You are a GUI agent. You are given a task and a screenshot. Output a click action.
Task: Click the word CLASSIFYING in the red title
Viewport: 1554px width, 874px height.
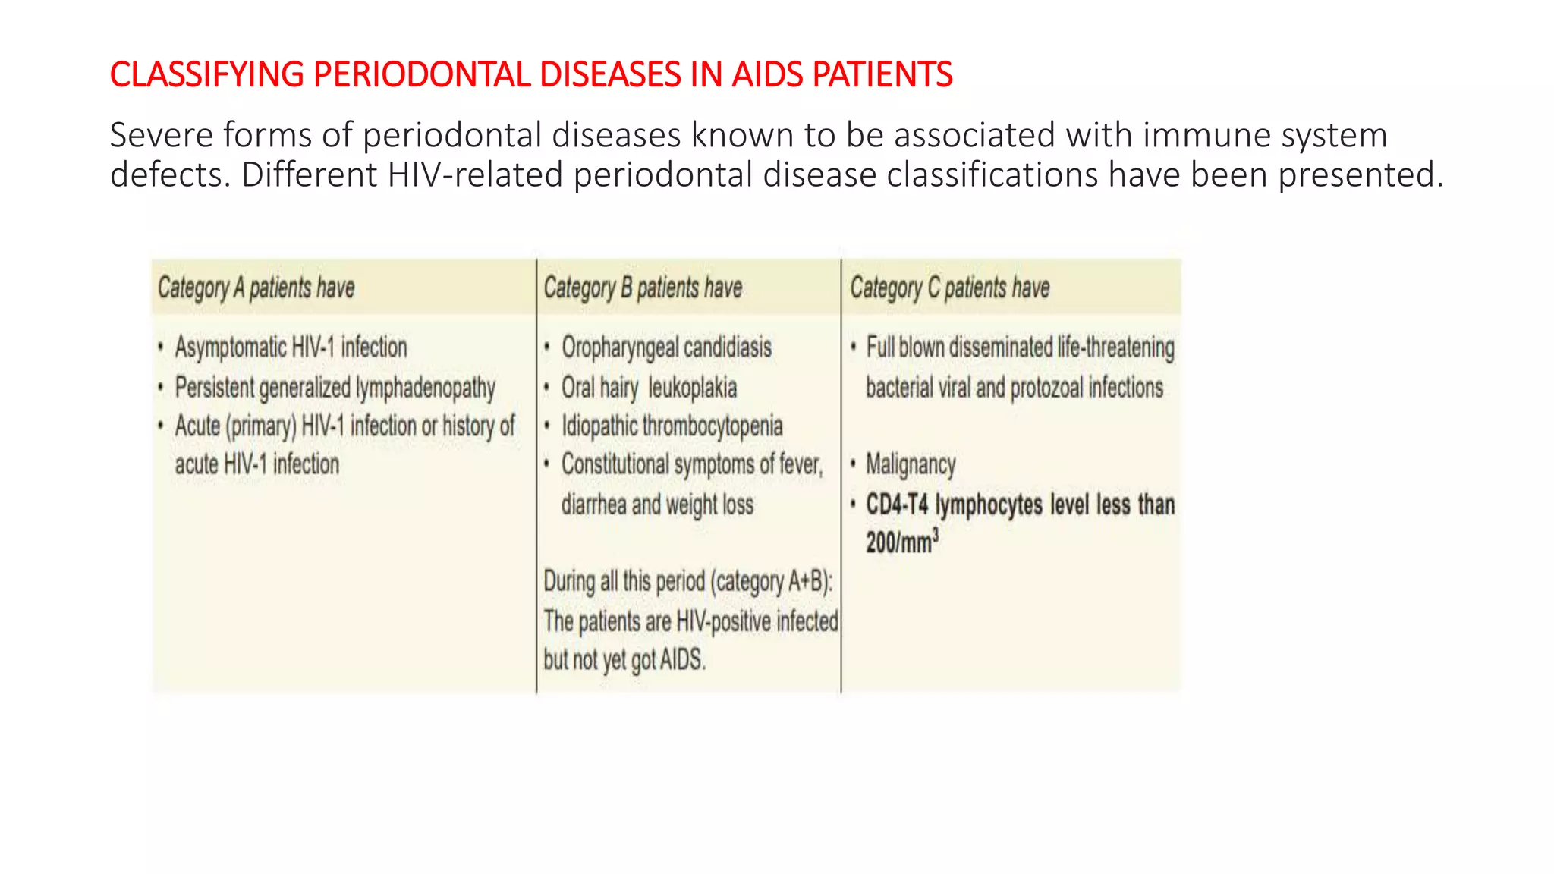point(206,75)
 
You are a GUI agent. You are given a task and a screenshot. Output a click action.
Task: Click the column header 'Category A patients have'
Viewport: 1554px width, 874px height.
point(256,288)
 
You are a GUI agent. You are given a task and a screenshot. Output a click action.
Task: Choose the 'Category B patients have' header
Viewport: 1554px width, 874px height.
point(643,288)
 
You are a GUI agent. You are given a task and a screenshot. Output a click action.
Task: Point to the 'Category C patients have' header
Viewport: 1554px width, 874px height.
point(949,288)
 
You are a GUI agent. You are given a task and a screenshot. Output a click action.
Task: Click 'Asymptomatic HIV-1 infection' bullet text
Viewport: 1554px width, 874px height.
point(291,347)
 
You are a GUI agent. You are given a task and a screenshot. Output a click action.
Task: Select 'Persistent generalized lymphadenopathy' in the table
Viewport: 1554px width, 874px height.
point(335,388)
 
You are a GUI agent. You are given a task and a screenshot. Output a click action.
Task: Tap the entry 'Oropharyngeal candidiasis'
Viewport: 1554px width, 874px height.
point(666,347)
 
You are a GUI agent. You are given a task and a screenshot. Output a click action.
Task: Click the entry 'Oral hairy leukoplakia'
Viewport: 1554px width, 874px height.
point(649,388)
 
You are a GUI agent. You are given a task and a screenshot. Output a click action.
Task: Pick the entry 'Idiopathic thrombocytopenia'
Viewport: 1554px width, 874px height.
point(672,426)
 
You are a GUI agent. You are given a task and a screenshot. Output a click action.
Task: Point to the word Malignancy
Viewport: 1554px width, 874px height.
point(911,464)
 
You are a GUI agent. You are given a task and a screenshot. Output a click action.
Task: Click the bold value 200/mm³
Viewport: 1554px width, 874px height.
point(902,542)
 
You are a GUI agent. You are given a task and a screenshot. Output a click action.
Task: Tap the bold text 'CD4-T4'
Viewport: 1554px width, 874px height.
point(897,505)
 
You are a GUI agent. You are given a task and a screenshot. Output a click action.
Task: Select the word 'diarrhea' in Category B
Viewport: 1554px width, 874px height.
point(593,505)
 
